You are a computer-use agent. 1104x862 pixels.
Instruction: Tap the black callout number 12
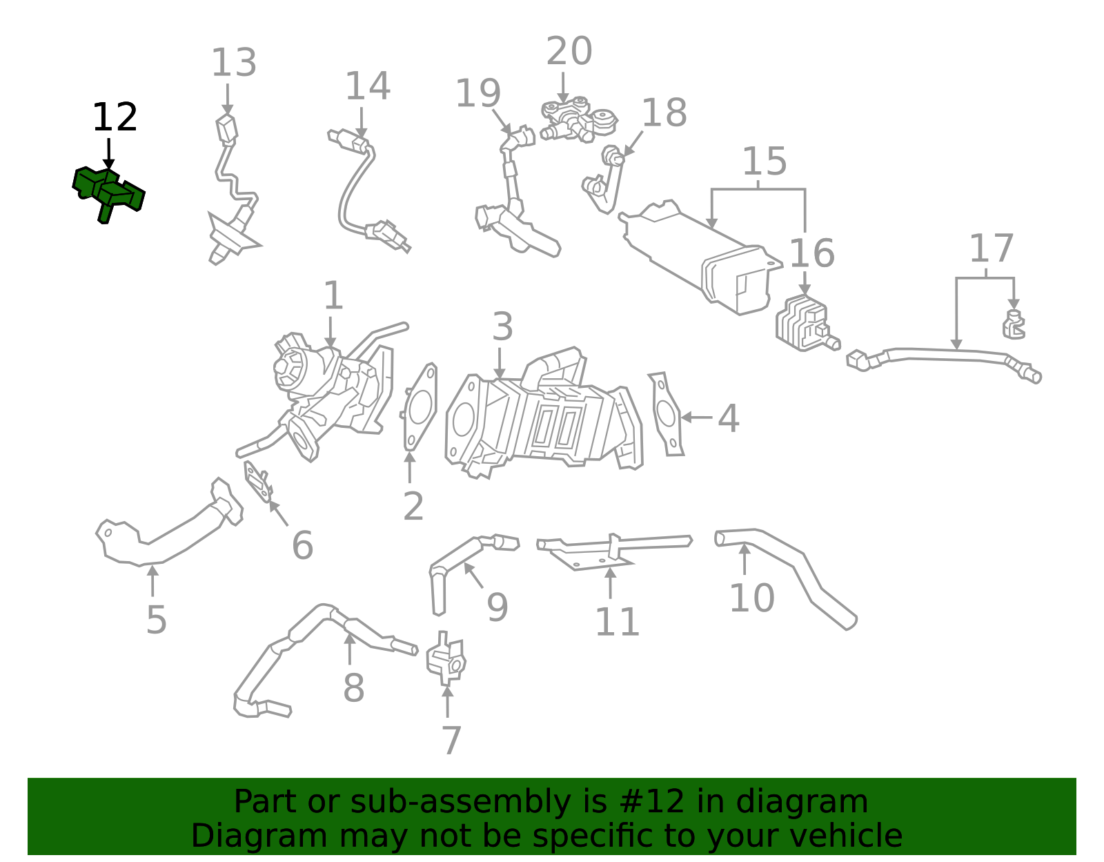pyautogui.click(x=115, y=118)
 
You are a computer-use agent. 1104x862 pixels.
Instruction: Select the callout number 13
pyautogui.click(x=233, y=63)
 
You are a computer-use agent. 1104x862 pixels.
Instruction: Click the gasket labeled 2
pyautogui.click(x=420, y=407)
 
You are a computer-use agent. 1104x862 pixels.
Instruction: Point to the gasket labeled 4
pyautogui.click(x=667, y=414)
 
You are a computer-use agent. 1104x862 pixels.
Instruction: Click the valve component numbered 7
pyautogui.click(x=446, y=659)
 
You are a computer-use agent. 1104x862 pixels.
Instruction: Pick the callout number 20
pyautogui.click(x=569, y=52)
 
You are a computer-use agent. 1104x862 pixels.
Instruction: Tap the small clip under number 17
pyautogui.click(x=1013, y=326)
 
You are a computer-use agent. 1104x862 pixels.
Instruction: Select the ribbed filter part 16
pyautogui.click(x=802, y=323)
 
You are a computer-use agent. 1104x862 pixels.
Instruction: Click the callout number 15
pyautogui.click(x=764, y=161)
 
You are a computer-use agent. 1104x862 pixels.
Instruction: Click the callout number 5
pyautogui.click(x=156, y=620)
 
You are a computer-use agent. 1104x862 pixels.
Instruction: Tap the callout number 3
pyautogui.click(x=502, y=326)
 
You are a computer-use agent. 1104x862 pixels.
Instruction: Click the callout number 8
pyautogui.click(x=353, y=688)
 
